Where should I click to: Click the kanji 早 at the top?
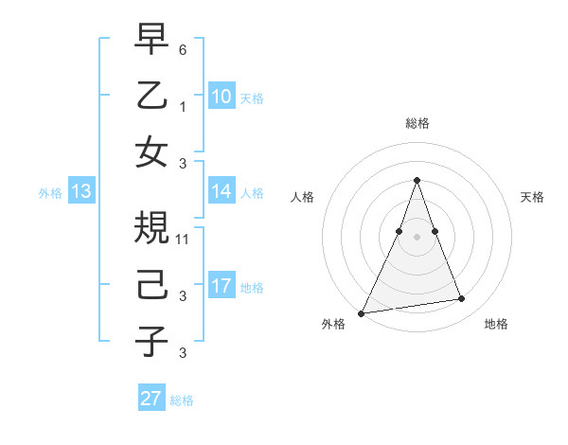pyautogui.click(x=151, y=42)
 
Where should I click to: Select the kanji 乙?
pyautogui.click(x=151, y=96)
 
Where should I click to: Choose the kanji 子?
pyautogui.click(x=151, y=340)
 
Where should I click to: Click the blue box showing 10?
pyautogui.click(x=221, y=96)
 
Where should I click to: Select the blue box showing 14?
pyautogui.click(x=221, y=191)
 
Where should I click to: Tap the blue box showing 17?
pyautogui.click(x=221, y=286)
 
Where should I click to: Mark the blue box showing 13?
pyautogui.click(x=81, y=191)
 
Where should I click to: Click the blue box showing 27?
pyautogui.click(x=151, y=399)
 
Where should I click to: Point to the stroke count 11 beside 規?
pyautogui.click(x=183, y=240)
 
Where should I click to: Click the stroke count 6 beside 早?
pyautogui.click(x=183, y=50)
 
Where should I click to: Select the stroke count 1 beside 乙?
pyautogui.click(x=183, y=107)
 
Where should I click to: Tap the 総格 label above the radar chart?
pyautogui.click(x=417, y=123)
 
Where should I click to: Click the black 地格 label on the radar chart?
pyautogui.click(x=496, y=324)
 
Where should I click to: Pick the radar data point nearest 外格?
pyautogui.click(x=362, y=312)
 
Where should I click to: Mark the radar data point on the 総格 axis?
pyautogui.click(x=417, y=180)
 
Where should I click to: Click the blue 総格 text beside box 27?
pyautogui.click(x=183, y=400)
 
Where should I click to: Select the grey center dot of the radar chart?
pyautogui.click(x=417, y=236)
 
